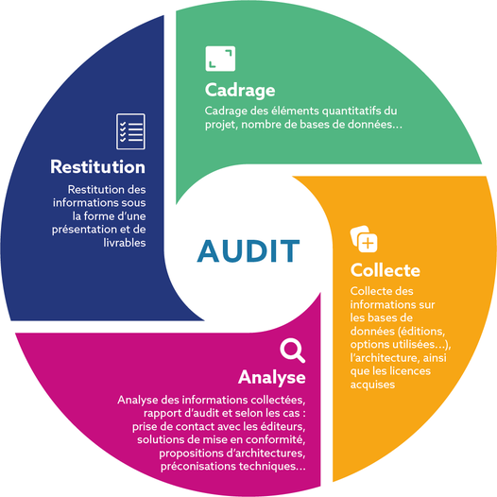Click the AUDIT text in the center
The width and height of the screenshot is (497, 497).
[x=248, y=250]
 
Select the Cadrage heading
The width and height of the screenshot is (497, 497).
[x=240, y=91]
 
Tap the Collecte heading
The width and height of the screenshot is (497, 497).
[x=386, y=270]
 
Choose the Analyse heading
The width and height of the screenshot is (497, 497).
[x=272, y=378]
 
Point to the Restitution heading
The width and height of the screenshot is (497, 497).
[x=98, y=166]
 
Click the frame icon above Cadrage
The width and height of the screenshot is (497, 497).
[x=220, y=59]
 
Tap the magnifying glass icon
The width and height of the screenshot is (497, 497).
[x=292, y=351]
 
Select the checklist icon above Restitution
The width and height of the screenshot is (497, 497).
[x=130, y=131]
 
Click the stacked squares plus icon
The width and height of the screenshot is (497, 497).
[x=364, y=239]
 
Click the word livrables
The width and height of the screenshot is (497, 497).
[x=125, y=243]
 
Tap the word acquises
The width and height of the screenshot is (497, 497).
[x=372, y=385]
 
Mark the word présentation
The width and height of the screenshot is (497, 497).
[x=80, y=230]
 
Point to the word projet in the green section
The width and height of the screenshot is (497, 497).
[x=221, y=125]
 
